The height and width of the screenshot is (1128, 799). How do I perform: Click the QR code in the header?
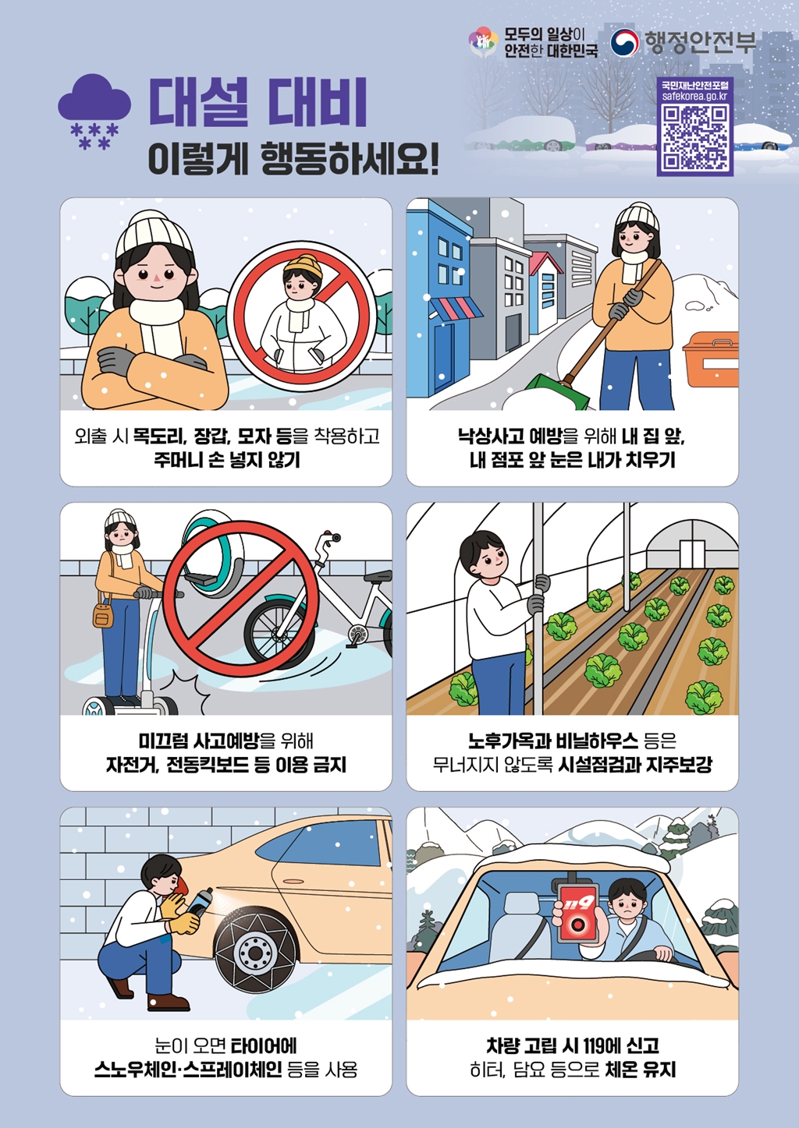(694, 137)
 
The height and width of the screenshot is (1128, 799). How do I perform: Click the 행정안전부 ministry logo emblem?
(624, 42)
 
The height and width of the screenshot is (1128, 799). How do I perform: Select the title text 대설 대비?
(257, 102)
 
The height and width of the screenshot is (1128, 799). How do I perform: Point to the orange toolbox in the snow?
(710, 359)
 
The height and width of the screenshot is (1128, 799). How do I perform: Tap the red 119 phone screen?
(578, 913)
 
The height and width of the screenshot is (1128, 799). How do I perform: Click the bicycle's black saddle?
(378, 577)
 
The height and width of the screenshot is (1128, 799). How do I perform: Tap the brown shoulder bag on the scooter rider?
(103, 615)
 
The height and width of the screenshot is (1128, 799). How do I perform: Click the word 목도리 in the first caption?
(158, 436)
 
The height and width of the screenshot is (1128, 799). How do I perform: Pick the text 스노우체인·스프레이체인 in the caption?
(188, 1070)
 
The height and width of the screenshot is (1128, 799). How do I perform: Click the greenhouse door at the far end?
(691, 553)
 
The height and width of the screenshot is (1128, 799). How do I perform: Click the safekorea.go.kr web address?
(694, 96)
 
